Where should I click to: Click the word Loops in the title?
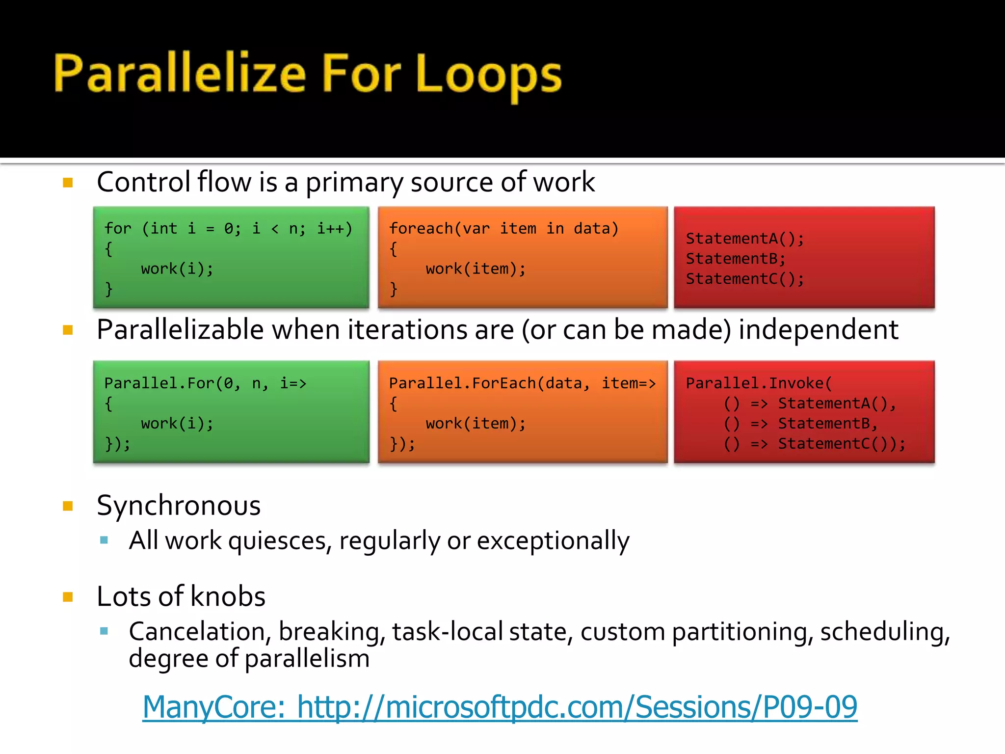click(x=488, y=75)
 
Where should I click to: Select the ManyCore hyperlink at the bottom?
click(x=500, y=707)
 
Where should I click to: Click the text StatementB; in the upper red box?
click(x=735, y=259)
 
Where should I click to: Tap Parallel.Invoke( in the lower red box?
click(x=759, y=383)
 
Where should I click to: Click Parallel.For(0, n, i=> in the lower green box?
click(x=205, y=383)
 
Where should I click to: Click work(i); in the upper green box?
click(x=177, y=269)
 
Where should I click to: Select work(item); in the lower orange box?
click(x=476, y=424)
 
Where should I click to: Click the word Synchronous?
click(x=179, y=506)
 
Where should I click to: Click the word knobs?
click(x=228, y=596)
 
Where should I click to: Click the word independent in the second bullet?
click(x=818, y=329)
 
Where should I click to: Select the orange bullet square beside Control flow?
click(x=68, y=183)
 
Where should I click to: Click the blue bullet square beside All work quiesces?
click(x=104, y=541)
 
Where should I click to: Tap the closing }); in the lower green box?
click(x=118, y=444)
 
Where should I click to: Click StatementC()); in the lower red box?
click(x=841, y=444)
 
